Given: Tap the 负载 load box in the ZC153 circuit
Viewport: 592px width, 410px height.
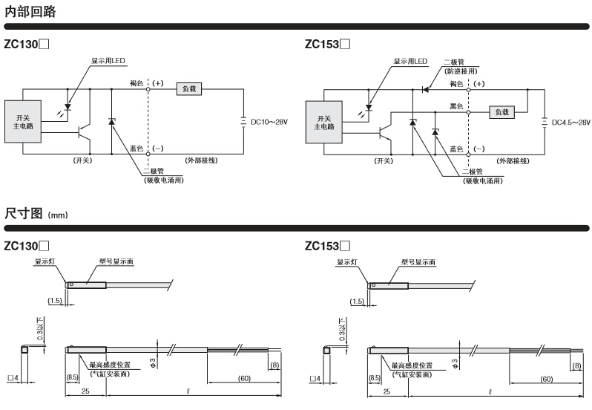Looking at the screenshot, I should [x=502, y=112].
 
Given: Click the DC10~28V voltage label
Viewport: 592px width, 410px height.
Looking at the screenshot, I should [x=269, y=122].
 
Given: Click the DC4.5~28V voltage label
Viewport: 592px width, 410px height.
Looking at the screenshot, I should [x=571, y=123].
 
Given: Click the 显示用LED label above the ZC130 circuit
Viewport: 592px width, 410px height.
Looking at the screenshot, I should [x=109, y=61].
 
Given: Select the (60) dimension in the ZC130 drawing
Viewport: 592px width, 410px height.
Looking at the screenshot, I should [x=243, y=379].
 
